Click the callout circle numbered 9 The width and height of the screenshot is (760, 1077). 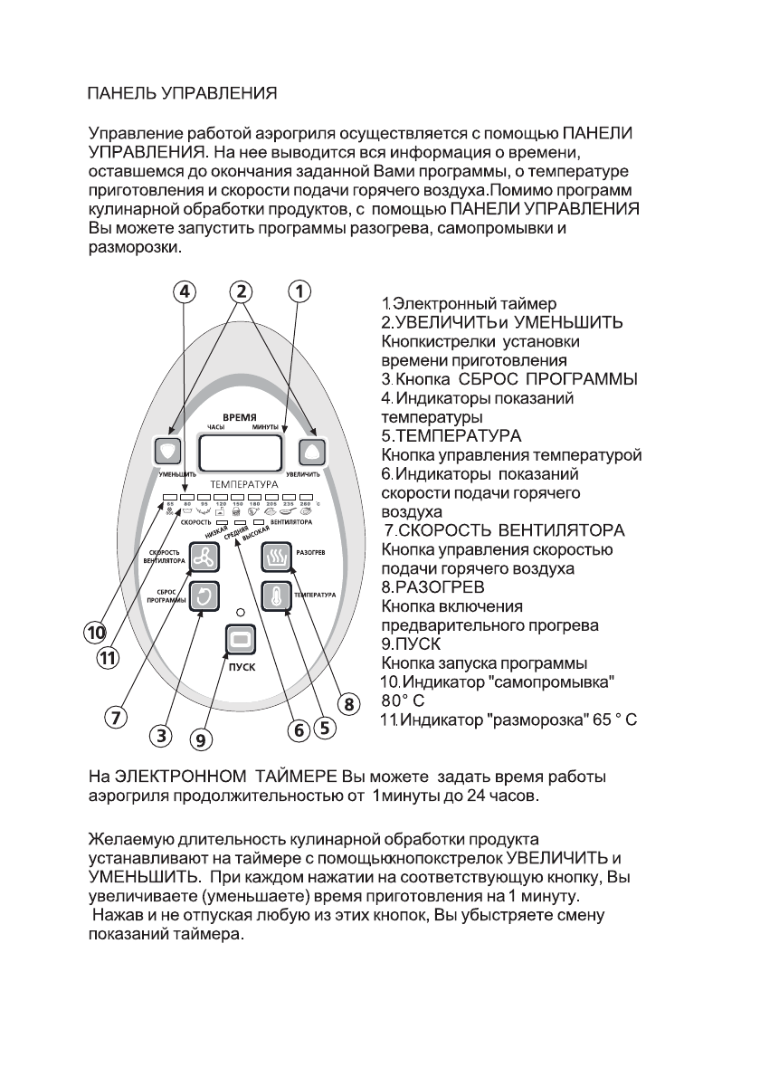click(x=201, y=739)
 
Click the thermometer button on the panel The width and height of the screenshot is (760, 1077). click(x=274, y=596)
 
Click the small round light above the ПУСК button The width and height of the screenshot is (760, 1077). click(x=240, y=614)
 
